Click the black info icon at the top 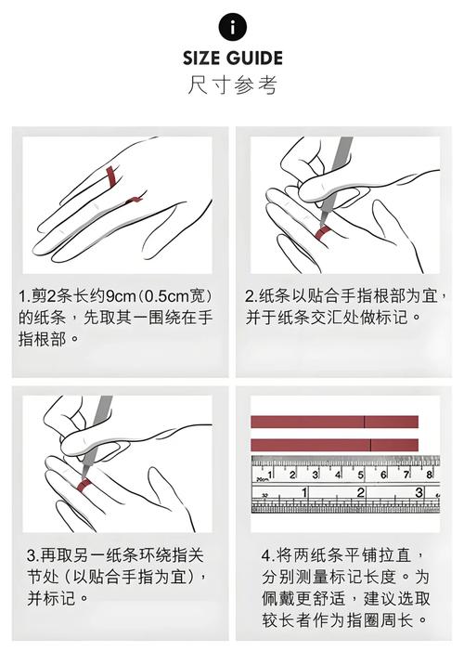[x=232, y=27]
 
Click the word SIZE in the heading [x=201, y=59]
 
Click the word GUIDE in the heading [x=254, y=59]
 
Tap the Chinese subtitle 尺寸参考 [x=232, y=85]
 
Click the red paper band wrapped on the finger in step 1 [x=111, y=176]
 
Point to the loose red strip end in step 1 [x=135, y=200]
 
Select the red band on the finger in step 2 [x=322, y=232]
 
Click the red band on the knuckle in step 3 [x=84, y=485]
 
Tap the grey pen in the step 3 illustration [x=97, y=433]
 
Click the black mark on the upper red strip [x=365, y=422]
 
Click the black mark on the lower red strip [x=370, y=445]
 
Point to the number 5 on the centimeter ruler [x=360, y=475]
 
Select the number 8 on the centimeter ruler [x=429, y=475]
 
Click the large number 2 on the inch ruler [x=361, y=493]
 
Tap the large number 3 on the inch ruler [x=419, y=493]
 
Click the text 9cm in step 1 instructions [x=122, y=296]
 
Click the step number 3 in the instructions [x=32, y=555]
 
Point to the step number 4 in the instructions [x=266, y=556]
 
